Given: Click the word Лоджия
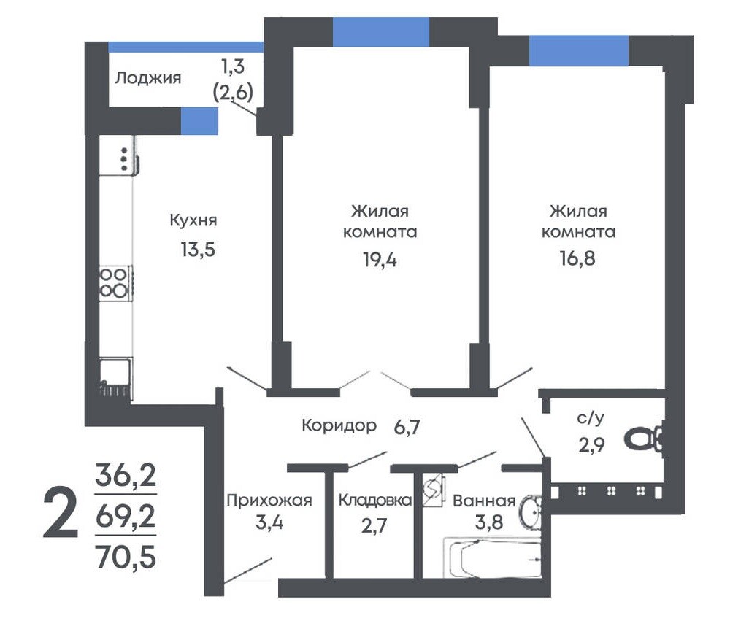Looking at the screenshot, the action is point(148,78).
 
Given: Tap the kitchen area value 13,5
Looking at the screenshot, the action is point(198,250).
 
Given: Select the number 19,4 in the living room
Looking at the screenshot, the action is point(380,260).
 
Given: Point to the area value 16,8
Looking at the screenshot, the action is point(577,258).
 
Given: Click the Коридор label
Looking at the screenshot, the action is point(339,425).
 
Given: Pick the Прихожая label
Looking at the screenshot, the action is point(269,500).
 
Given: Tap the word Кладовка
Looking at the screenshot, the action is point(375,500).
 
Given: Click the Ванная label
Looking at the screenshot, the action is point(484,501).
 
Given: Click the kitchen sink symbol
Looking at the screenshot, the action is point(115,377).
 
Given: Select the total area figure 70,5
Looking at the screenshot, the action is point(126,557).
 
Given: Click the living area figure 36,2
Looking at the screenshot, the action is point(126,474).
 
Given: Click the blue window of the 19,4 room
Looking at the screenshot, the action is point(381,31).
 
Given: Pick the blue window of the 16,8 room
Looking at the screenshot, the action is point(578,50).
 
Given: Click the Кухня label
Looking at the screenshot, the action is point(193,220).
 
